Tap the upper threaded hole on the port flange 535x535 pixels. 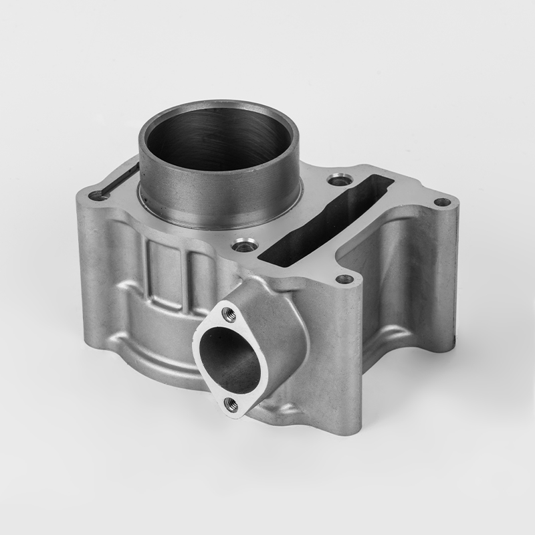point(225,311)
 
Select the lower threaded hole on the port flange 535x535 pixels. point(231,403)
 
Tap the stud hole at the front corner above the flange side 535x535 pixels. point(344,278)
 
